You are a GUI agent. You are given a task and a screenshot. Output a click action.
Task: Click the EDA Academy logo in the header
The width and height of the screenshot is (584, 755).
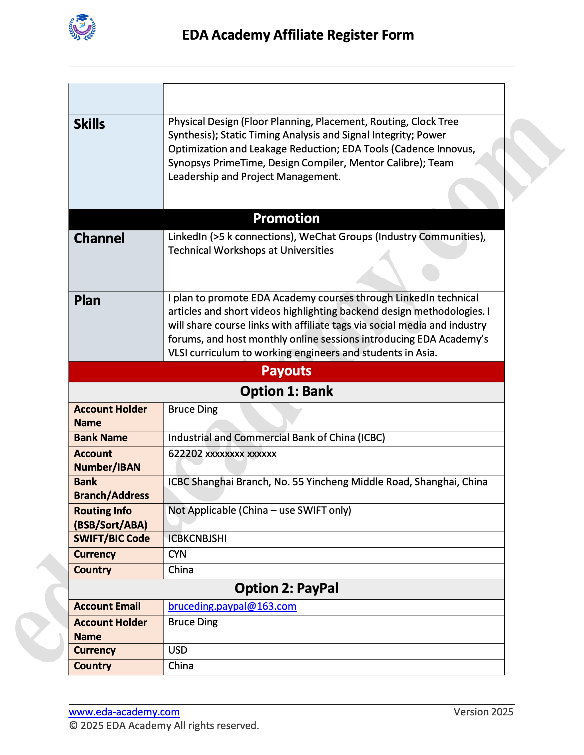pos(82,27)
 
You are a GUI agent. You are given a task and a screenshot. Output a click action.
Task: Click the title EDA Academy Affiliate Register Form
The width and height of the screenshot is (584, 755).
pos(298,35)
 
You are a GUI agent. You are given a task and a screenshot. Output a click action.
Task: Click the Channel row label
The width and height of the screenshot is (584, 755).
pos(99,238)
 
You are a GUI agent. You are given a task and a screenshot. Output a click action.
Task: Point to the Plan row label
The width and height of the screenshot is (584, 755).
pos(87,300)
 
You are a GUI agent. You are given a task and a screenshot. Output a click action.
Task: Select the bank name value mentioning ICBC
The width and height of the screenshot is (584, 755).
pos(276,438)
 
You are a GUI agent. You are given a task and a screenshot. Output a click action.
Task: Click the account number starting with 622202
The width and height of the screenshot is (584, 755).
pos(222,454)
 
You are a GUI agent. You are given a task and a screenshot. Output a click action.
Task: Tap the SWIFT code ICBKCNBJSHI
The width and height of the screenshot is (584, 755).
pos(197,538)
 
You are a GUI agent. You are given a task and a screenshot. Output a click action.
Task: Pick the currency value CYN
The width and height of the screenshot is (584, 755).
pos(177,554)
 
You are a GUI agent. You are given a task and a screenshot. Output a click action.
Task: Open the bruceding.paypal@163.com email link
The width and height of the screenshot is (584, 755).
pos(232,606)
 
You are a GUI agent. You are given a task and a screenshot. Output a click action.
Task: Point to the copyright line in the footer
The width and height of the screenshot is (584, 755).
pos(164,725)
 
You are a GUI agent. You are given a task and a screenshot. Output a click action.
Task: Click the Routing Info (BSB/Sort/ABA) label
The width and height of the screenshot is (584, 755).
pos(111,517)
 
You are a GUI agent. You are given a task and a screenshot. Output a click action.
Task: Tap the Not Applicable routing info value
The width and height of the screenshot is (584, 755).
pos(259,510)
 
